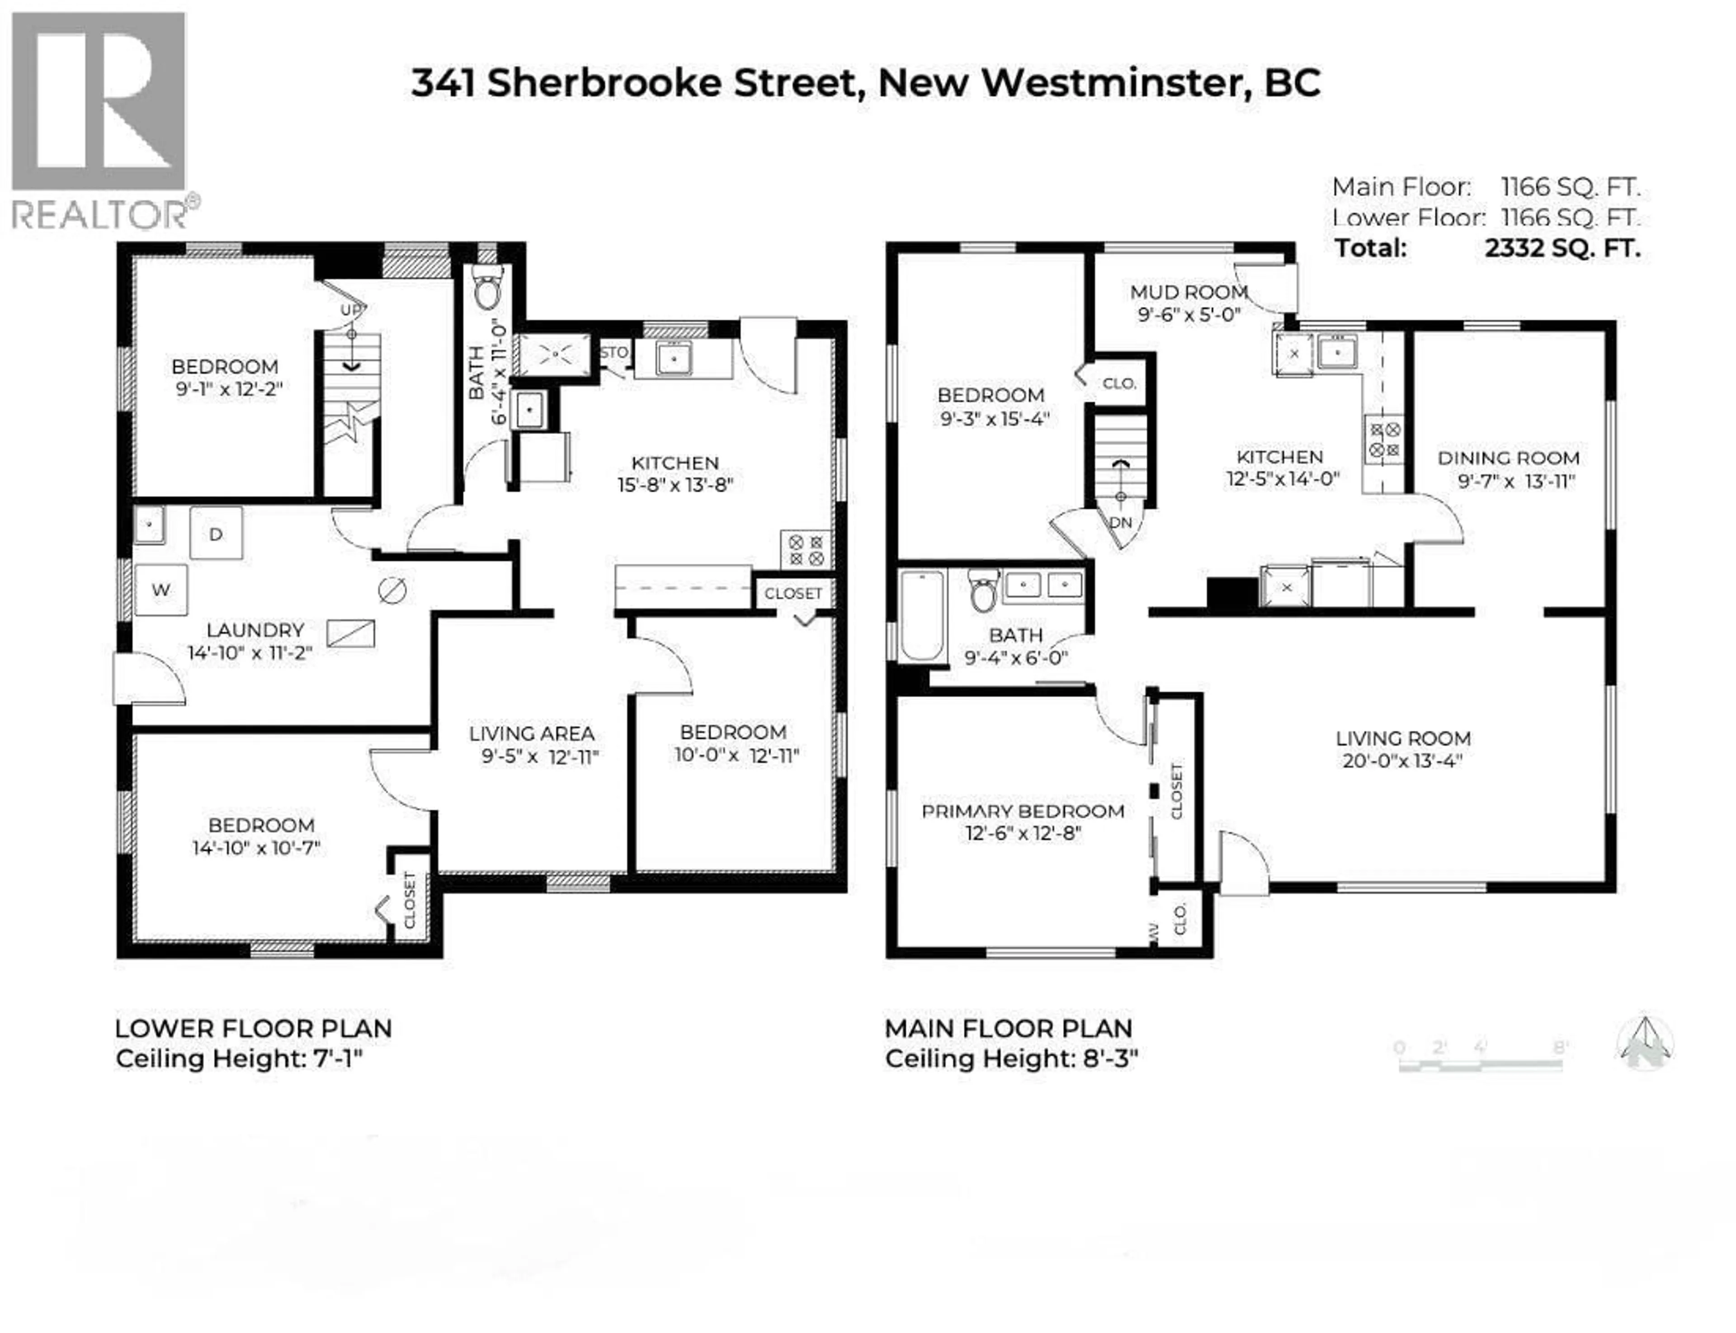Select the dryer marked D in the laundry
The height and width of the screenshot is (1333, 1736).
216,534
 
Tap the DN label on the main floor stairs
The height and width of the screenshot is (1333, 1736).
1120,522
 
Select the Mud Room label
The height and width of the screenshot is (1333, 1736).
1189,292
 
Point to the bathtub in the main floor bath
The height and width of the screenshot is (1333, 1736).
922,615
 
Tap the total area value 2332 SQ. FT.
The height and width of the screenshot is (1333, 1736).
1561,248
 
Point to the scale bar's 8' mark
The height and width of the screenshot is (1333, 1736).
1560,1047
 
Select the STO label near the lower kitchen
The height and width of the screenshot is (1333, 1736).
613,352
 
